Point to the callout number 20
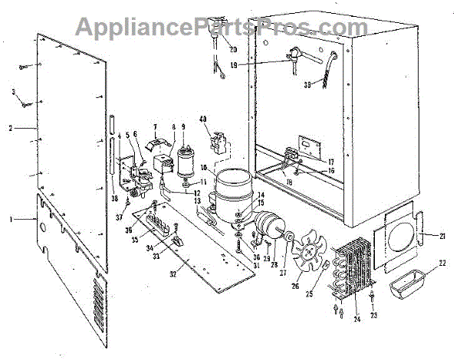(x=233, y=50)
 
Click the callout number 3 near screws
(x=13, y=93)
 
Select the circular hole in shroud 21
(x=396, y=236)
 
